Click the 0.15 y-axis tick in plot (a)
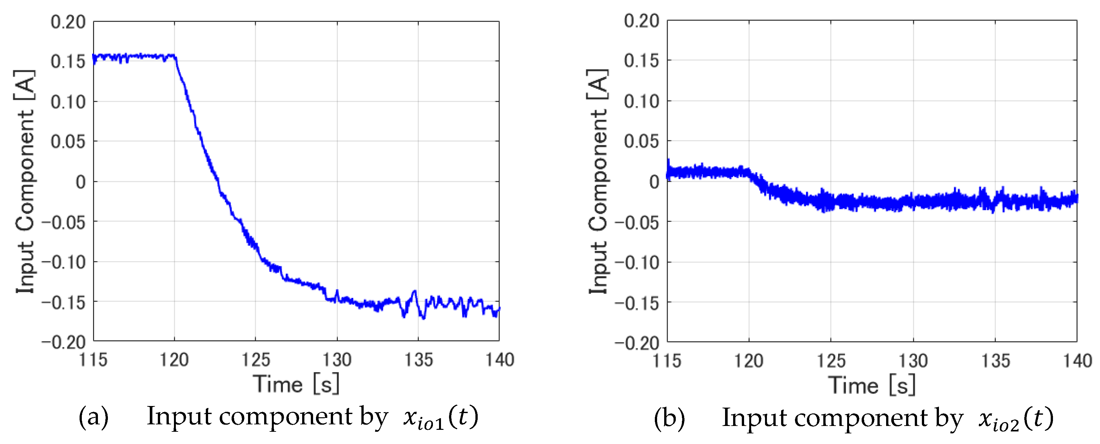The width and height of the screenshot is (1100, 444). click(x=68, y=61)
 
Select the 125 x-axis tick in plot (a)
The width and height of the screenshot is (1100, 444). click(x=255, y=360)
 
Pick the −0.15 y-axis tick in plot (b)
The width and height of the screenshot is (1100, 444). click(x=637, y=303)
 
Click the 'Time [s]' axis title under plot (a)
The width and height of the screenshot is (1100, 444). click(x=296, y=384)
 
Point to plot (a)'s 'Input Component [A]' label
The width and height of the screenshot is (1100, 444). click(x=25, y=182)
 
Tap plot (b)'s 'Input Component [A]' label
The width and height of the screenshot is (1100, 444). click(x=598, y=182)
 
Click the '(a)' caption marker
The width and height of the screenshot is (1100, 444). click(x=93, y=417)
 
